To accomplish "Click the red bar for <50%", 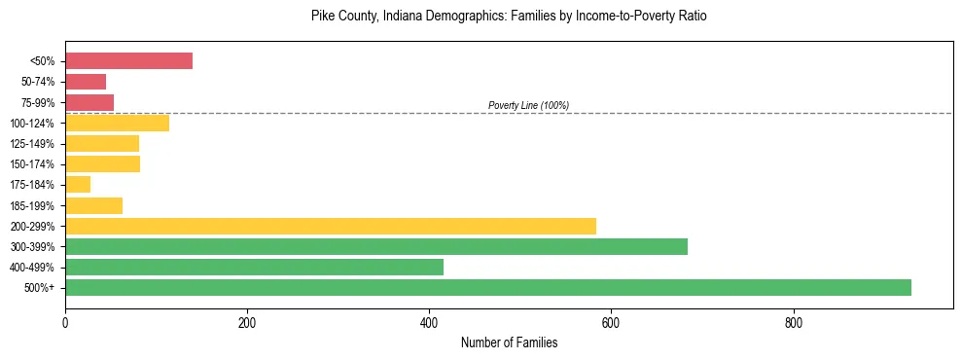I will (128, 61).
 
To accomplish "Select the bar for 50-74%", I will (86, 82).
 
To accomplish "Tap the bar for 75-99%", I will (89, 102).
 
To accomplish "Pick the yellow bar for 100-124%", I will (117, 123).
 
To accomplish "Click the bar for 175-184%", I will (78, 185).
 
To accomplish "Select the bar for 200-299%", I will (331, 226).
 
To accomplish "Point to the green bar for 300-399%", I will (376, 246).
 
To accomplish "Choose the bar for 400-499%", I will (254, 267).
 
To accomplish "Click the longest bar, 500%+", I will (488, 287).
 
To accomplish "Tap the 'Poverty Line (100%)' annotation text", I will (528, 105).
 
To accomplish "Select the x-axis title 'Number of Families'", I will (509, 342).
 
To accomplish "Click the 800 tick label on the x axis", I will (794, 322).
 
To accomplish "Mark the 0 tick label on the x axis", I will (65, 322).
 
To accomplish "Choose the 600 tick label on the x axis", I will (611, 322).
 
